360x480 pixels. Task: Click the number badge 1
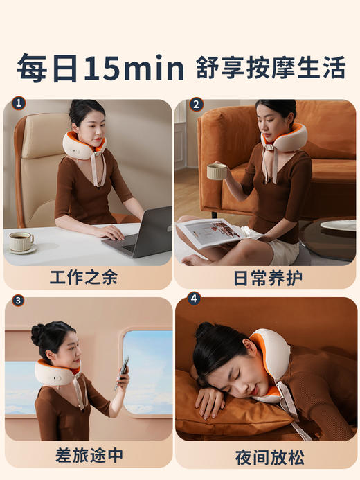[x=18, y=105]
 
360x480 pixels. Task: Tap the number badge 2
[x=197, y=105]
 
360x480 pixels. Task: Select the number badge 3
[x=18, y=301]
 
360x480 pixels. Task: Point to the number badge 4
[x=194, y=299]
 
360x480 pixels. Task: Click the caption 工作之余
[x=83, y=278]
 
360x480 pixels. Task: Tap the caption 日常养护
[x=264, y=278]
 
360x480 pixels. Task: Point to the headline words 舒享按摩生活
[x=271, y=69]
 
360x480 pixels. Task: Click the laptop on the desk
[x=142, y=232]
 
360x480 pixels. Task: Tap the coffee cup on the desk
[x=21, y=240]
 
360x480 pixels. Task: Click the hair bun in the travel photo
[x=38, y=335]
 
